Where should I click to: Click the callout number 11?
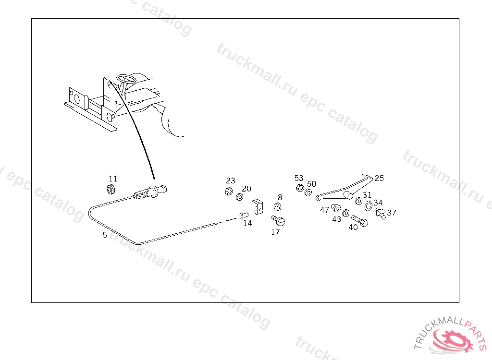pos(113,179)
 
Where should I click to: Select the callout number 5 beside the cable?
pos(105,235)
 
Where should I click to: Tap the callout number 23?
pos(231,180)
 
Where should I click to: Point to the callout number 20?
pos(246,188)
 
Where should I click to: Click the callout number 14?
pos(247,223)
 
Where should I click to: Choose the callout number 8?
pos(280,197)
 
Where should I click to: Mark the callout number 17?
pos(275,232)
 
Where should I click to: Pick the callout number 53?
pos(299,178)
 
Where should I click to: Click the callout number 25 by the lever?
pos(379,178)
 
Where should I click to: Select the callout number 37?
pos(392,212)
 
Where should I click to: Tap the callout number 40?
pos(353,227)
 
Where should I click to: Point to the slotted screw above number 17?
pos(279,221)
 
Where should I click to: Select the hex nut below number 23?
pos(228,192)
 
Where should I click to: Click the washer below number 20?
pos(239,197)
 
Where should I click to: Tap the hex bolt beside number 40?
pos(360,220)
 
